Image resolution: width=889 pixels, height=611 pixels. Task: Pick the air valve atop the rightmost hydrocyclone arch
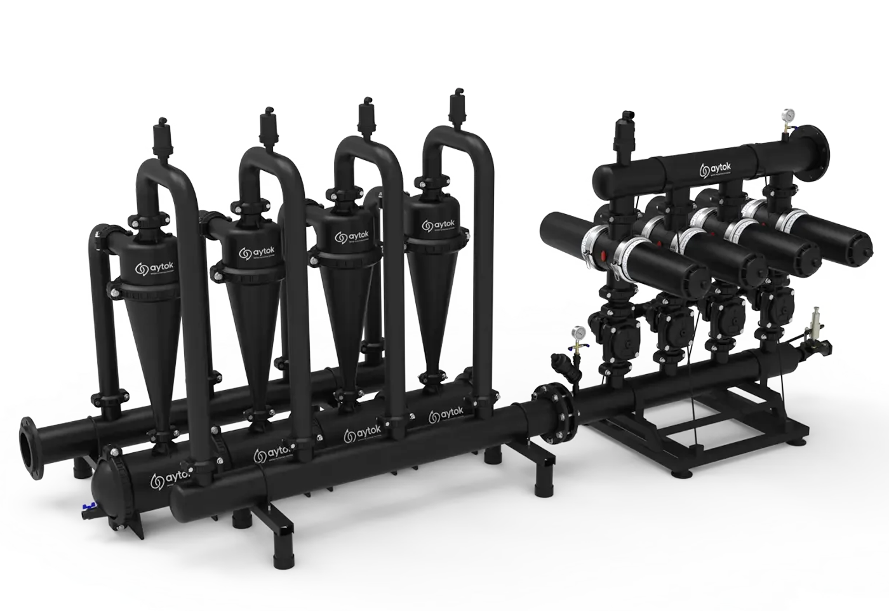tap(456, 107)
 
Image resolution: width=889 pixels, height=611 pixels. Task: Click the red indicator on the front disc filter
tap(603, 258)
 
